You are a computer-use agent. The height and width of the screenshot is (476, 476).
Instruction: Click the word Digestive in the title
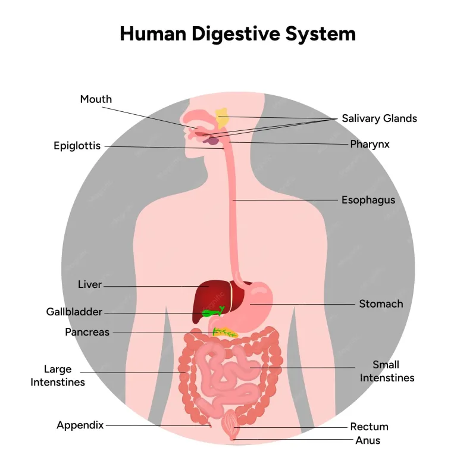click(x=236, y=34)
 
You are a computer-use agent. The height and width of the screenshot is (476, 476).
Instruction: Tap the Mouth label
click(x=96, y=99)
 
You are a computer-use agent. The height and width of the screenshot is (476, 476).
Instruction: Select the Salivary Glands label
click(x=379, y=118)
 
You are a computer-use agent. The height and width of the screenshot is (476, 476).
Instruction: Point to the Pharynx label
click(x=369, y=144)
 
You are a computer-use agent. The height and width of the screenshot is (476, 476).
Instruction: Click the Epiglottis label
click(x=77, y=146)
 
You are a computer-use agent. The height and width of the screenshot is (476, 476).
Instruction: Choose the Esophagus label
click(x=368, y=200)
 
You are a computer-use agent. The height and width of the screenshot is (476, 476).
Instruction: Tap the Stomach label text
click(x=381, y=304)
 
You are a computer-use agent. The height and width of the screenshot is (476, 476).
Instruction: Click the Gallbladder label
click(x=74, y=312)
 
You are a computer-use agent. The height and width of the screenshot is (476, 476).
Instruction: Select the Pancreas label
click(x=87, y=332)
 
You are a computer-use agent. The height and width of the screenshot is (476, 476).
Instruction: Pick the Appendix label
click(x=80, y=425)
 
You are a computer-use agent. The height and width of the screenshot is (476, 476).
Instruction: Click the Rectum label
click(x=369, y=427)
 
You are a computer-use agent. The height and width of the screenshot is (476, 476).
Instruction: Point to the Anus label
click(x=368, y=440)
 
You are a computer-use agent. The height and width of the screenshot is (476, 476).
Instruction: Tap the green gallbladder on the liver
click(x=212, y=312)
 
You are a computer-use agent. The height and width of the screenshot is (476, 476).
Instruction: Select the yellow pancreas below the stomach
click(x=225, y=332)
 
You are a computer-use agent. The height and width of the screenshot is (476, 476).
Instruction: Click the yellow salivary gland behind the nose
click(x=222, y=118)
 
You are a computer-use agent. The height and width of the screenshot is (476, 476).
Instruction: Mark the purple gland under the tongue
click(x=211, y=141)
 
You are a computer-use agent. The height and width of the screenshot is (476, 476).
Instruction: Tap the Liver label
click(x=90, y=284)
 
